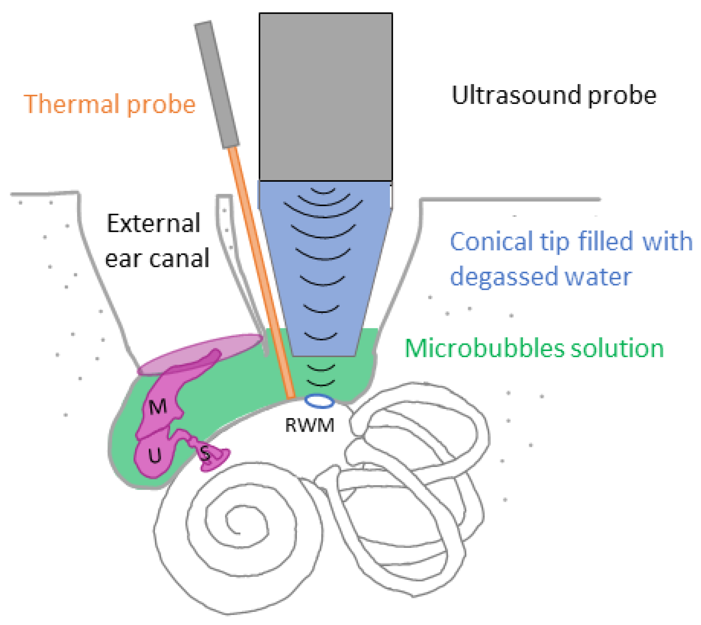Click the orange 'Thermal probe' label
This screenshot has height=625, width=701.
(x=110, y=104)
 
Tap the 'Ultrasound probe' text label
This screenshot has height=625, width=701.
(x=554, y=95)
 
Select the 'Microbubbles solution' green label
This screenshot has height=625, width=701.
(x=534, y=349)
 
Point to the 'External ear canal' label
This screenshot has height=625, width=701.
(x=156, y=240)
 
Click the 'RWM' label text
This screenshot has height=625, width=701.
(x=309, y=425)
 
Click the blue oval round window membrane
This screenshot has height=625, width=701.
(x=319, y=401)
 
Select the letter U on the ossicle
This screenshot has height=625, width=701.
(x=155, y=455)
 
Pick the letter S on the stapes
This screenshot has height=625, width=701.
(x=205, y=453)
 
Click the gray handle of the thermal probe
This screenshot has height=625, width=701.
(x=217, y=85)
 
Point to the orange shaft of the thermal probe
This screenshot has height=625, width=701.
(x=262, y=272)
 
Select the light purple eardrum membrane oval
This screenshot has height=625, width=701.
(x=200, y=354)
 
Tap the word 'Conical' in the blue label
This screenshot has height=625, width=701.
(x=492, y=242)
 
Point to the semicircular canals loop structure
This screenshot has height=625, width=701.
(x=417, y=488)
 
